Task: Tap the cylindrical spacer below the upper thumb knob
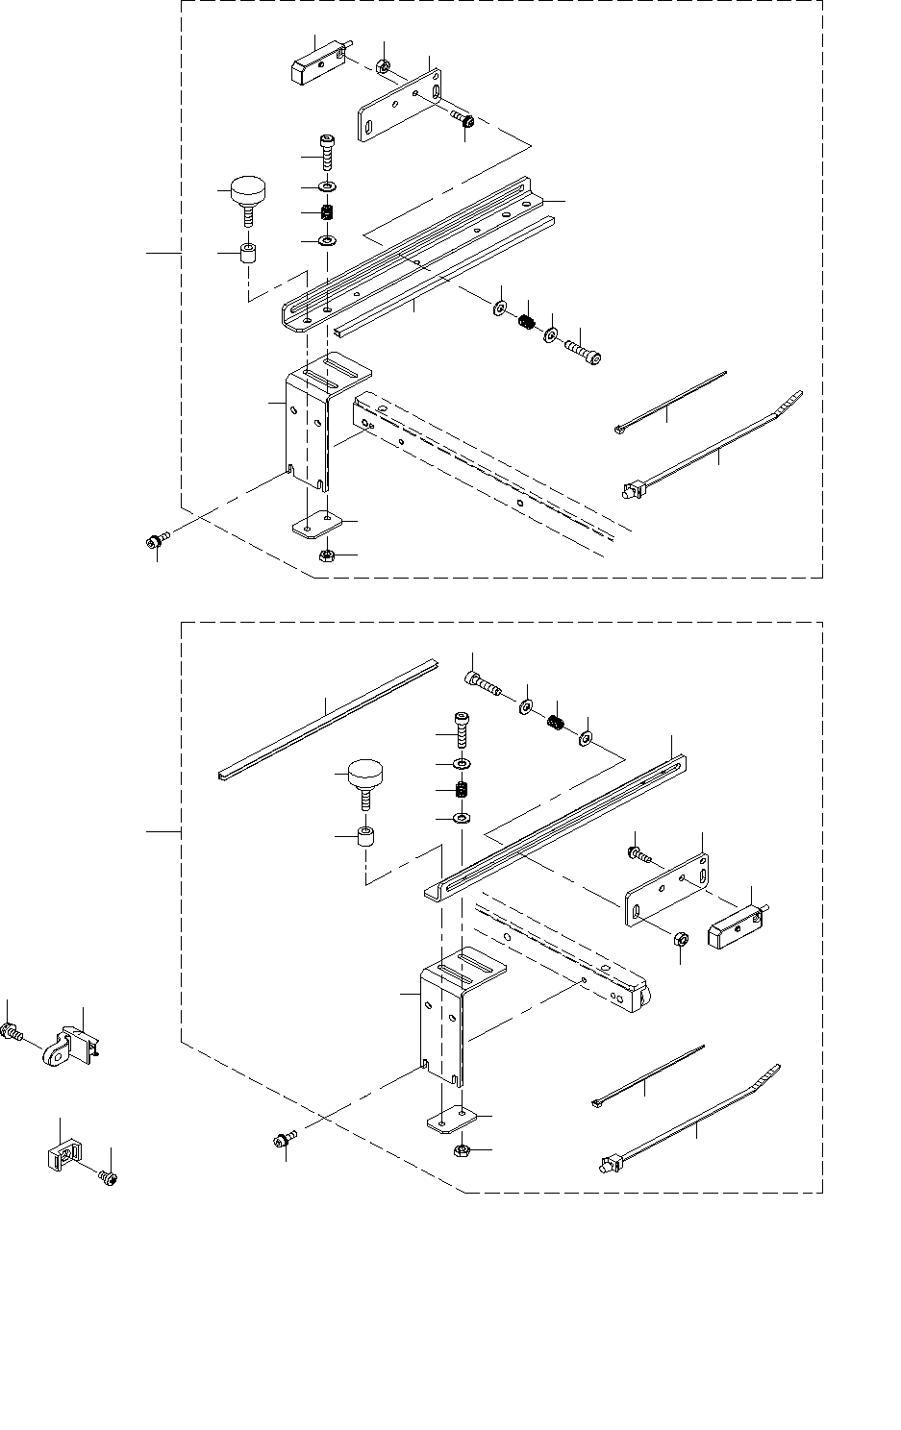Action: [251, 258]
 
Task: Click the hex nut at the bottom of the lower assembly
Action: [461, 1148]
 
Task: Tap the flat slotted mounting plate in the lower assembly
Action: [667, 891]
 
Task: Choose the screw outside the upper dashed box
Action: [155, 541]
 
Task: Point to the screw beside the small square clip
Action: [109, 1176]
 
